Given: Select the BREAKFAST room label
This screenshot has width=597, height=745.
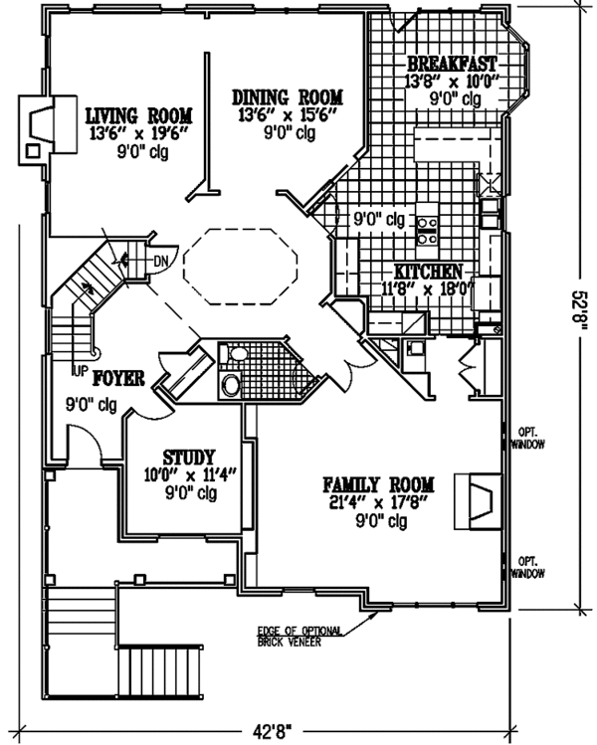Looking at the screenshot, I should (452, 62).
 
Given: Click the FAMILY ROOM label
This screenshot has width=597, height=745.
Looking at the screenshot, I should (378, 485).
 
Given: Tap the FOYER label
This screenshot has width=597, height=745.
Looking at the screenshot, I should (120, 378).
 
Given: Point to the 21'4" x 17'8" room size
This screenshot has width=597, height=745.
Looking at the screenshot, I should (378, 503).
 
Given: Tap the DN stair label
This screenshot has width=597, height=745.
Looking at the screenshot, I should (161, 262).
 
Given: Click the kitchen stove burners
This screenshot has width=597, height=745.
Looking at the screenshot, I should (428, 230).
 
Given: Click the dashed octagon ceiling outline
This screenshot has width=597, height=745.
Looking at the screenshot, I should (244, 265).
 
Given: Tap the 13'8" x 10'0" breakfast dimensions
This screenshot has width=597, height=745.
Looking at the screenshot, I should (452, 81).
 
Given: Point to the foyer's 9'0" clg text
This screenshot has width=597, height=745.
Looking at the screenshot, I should (91, 406).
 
